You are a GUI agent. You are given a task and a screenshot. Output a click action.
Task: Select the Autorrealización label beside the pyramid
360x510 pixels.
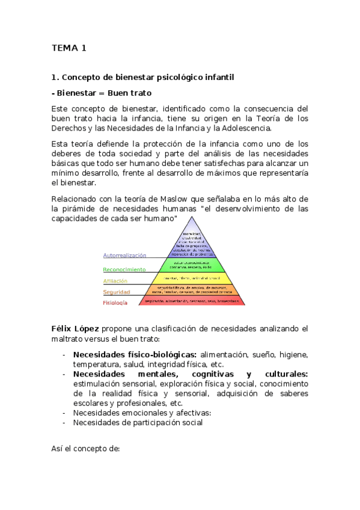click(124, 255)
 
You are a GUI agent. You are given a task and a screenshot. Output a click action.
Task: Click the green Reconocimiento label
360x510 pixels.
click(124, 270)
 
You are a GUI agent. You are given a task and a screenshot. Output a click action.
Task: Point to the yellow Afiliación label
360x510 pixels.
click(115, 281)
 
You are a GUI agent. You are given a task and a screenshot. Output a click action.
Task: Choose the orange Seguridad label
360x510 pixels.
click(116, 292)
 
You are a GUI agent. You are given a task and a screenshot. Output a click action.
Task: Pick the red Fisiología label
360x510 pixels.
click(115, 303)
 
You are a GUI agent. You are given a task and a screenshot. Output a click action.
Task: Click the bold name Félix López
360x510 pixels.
click(76, 328)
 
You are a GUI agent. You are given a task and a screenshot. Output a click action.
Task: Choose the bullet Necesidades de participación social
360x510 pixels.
click(138, 422)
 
